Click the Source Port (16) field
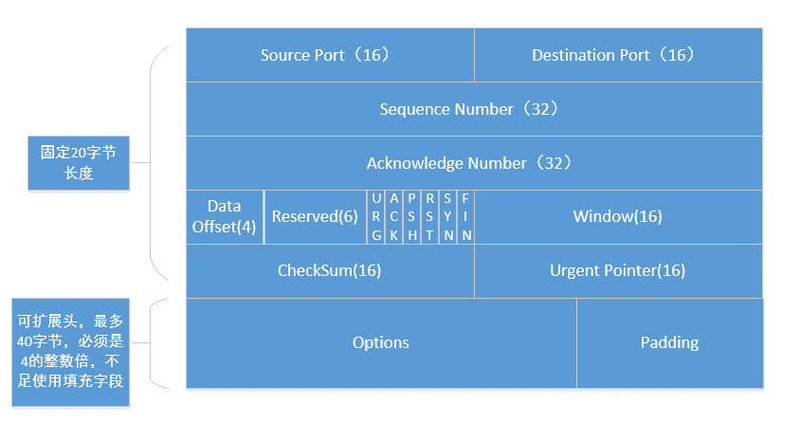click(x=330, y=55)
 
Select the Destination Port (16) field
click(x=618, y=55)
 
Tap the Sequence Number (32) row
click(x=474, y=109)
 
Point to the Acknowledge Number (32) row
click(x=474, y=163)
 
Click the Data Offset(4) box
click(x=225, y=217)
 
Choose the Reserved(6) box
click(x=316, y=217)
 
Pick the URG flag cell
click(x=376, y=217)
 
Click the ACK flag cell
click(x=394, y=217)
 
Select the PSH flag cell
click(x=411, y=217)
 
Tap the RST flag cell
click(x=429, y=217)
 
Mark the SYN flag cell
click(x=447, y=217)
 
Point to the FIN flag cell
click(x=465, y=217)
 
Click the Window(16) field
click(x=618, y=217)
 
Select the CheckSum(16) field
click(x=330, y=271)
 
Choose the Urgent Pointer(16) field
click(x=618, y=271)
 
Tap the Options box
click(x=381, y=343)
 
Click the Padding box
click(x=670, y=343)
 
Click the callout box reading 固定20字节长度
click(x=79, y=163)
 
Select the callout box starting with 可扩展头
click(x=70, y=352)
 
